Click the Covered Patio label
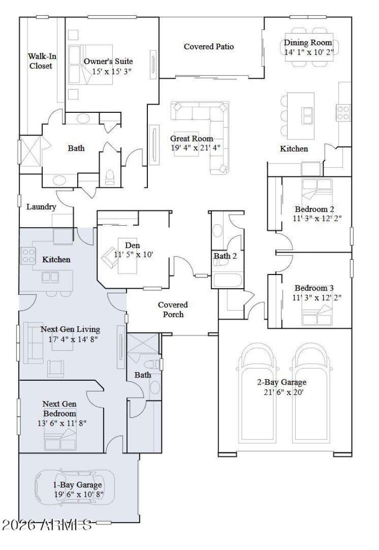[208, 46]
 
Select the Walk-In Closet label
[41, 61]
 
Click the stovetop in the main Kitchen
[343, 113]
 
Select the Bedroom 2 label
[315, 209]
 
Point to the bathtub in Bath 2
[227, 280]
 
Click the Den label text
[133, 245]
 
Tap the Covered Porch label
[172, 309]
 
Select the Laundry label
[41, 207]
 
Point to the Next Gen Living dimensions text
[70, 339]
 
